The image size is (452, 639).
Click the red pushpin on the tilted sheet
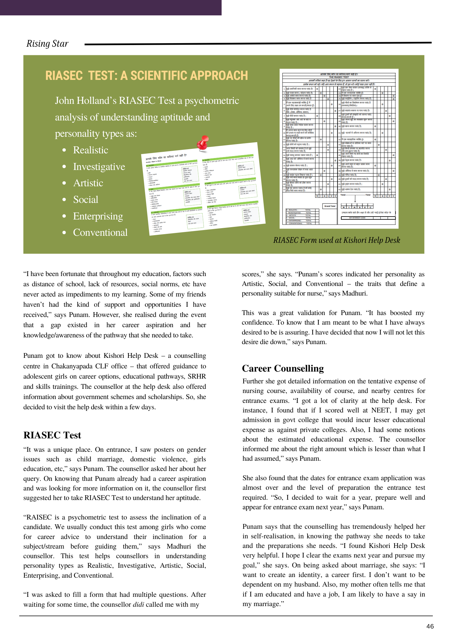click(203, 142)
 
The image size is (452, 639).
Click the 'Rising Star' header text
click(47, 43)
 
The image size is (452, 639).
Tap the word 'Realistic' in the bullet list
click(90, 150)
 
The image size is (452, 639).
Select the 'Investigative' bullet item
click(99, 167)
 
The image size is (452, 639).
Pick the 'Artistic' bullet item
click(88, 183)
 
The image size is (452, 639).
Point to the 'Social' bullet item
click(85, 200)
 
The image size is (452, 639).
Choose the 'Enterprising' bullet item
click(98, 216)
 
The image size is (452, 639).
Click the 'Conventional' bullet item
click(100, 233)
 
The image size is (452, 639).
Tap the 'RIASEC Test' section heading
click(52, 435)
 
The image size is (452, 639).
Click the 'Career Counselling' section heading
click(283, 368)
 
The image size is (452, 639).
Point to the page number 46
click(430, 626)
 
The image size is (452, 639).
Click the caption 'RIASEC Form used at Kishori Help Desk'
click(337, 240)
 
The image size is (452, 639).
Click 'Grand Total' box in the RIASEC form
click(330, 206)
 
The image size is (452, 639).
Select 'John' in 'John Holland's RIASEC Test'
click(64, 101)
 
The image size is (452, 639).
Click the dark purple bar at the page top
click(111, 7)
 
